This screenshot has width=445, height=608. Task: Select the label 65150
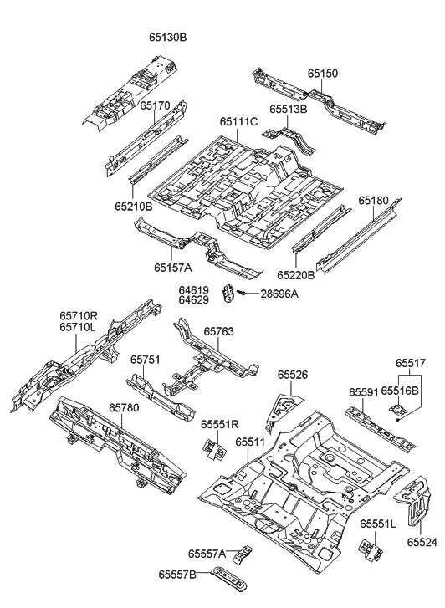322,74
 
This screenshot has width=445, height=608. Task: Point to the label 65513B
288,109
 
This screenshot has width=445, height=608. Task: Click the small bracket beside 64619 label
228,293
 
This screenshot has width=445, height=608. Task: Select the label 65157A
173,268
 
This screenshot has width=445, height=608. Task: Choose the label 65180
374,201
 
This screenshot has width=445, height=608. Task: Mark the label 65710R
79,316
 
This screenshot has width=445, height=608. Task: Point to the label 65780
125,407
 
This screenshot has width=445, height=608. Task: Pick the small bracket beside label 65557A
244,554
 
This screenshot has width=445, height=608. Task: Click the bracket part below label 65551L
370,550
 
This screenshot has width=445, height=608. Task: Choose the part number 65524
422,542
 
